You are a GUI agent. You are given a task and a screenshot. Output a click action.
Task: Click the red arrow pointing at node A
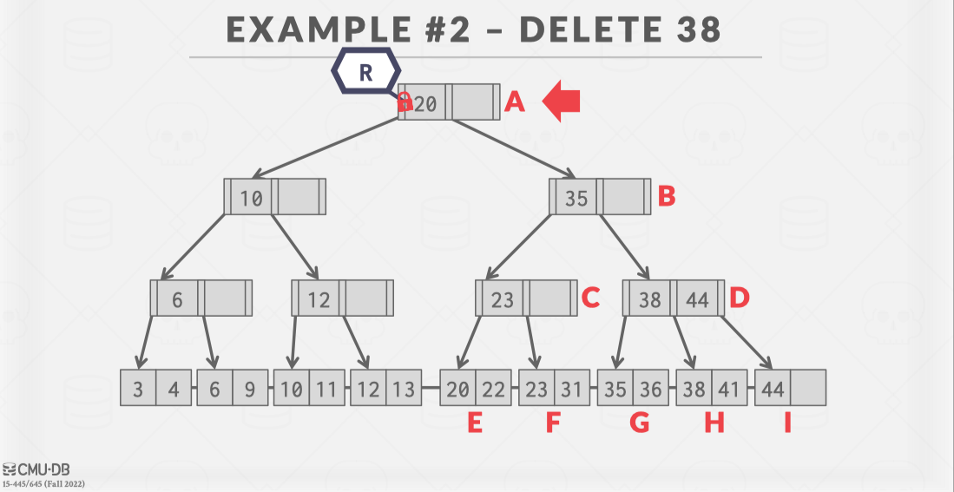(x=562, y=102)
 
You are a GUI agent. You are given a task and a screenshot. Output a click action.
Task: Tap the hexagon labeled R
(x=365, y=73)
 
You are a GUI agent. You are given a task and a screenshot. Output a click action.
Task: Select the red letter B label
(x=666, y=196)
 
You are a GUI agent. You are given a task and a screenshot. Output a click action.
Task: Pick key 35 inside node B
(x=576, y=198)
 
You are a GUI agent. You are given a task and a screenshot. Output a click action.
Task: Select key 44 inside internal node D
(x=698, y=299)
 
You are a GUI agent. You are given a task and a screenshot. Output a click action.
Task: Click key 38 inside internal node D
(x=650, y=299)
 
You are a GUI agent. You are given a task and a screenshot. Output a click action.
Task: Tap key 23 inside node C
(x=503, y=299)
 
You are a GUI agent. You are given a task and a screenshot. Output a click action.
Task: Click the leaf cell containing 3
(x=138, y=389)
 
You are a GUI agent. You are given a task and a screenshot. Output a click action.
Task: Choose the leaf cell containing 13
(x=403, y=389)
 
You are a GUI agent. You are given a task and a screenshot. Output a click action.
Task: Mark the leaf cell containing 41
(x=729, y=389)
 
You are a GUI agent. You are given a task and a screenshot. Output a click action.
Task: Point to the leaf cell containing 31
(x=571, y=389)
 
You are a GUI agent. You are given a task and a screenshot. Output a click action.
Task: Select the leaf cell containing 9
(x=250, y=389)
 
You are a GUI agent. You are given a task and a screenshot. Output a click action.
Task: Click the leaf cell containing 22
(x=493, y=389)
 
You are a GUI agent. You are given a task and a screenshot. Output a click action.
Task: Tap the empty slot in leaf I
(x=807, y=389)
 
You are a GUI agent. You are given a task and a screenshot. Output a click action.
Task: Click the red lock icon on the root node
(x=405, y=102)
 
